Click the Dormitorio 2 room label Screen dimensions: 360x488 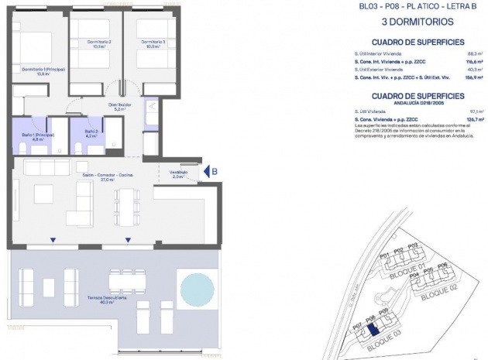pyautogui.click(x=99, y=43)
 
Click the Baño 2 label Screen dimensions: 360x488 pyautogui.click(x=90, y=134)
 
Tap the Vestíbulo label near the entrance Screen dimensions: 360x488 pyautogui.click(x=178, y=174)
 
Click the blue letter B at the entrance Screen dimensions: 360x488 pyautogui.click(x=215, y=173)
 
